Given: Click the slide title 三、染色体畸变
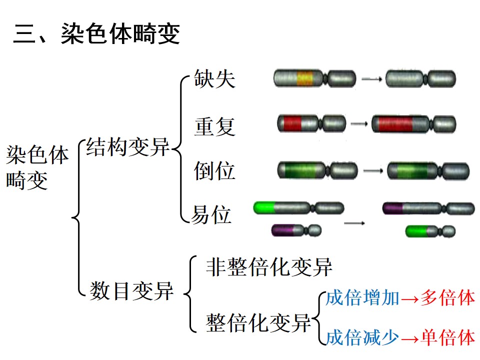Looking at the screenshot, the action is pyautogui.click(x=96, y=33).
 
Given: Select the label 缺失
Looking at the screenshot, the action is pyautogui.click(x=214, y=78).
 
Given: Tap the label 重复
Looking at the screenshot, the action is pyautogui.click(x=214, y=126).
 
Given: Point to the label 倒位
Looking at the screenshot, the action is pyautogui.click(x=214, y=171).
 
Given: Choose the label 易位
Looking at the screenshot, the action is pyautogui.click(x=211, y=214).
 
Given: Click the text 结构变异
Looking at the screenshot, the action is pyautogui.click(x=127, y=147).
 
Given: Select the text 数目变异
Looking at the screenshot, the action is pyautogui.click(x=131, y=291).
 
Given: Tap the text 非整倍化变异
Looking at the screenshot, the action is pyautogui.click(x=269, y=267).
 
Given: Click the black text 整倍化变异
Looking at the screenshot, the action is pyautogui.click(x=258, y=322).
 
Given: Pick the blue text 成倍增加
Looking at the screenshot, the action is pyautogui.click(x=362, y=297).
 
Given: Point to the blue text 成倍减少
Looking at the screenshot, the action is pyautogui.click(x=362, y=337).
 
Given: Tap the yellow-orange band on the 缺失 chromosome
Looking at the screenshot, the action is pyautogui.click(x=305, y=78).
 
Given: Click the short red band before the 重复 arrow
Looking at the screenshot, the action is pyautogui.click(x=292, y=123).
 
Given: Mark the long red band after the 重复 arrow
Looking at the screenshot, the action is pyautogui.click(x=395, y=124).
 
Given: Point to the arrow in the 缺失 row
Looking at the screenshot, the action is pyautogui.click(x=371, y=79).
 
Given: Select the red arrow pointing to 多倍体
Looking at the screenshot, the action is pyautogui.click(x=409, y=299).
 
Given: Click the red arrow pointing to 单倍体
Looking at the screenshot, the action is pyautogui.click(x=409, y=339).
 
